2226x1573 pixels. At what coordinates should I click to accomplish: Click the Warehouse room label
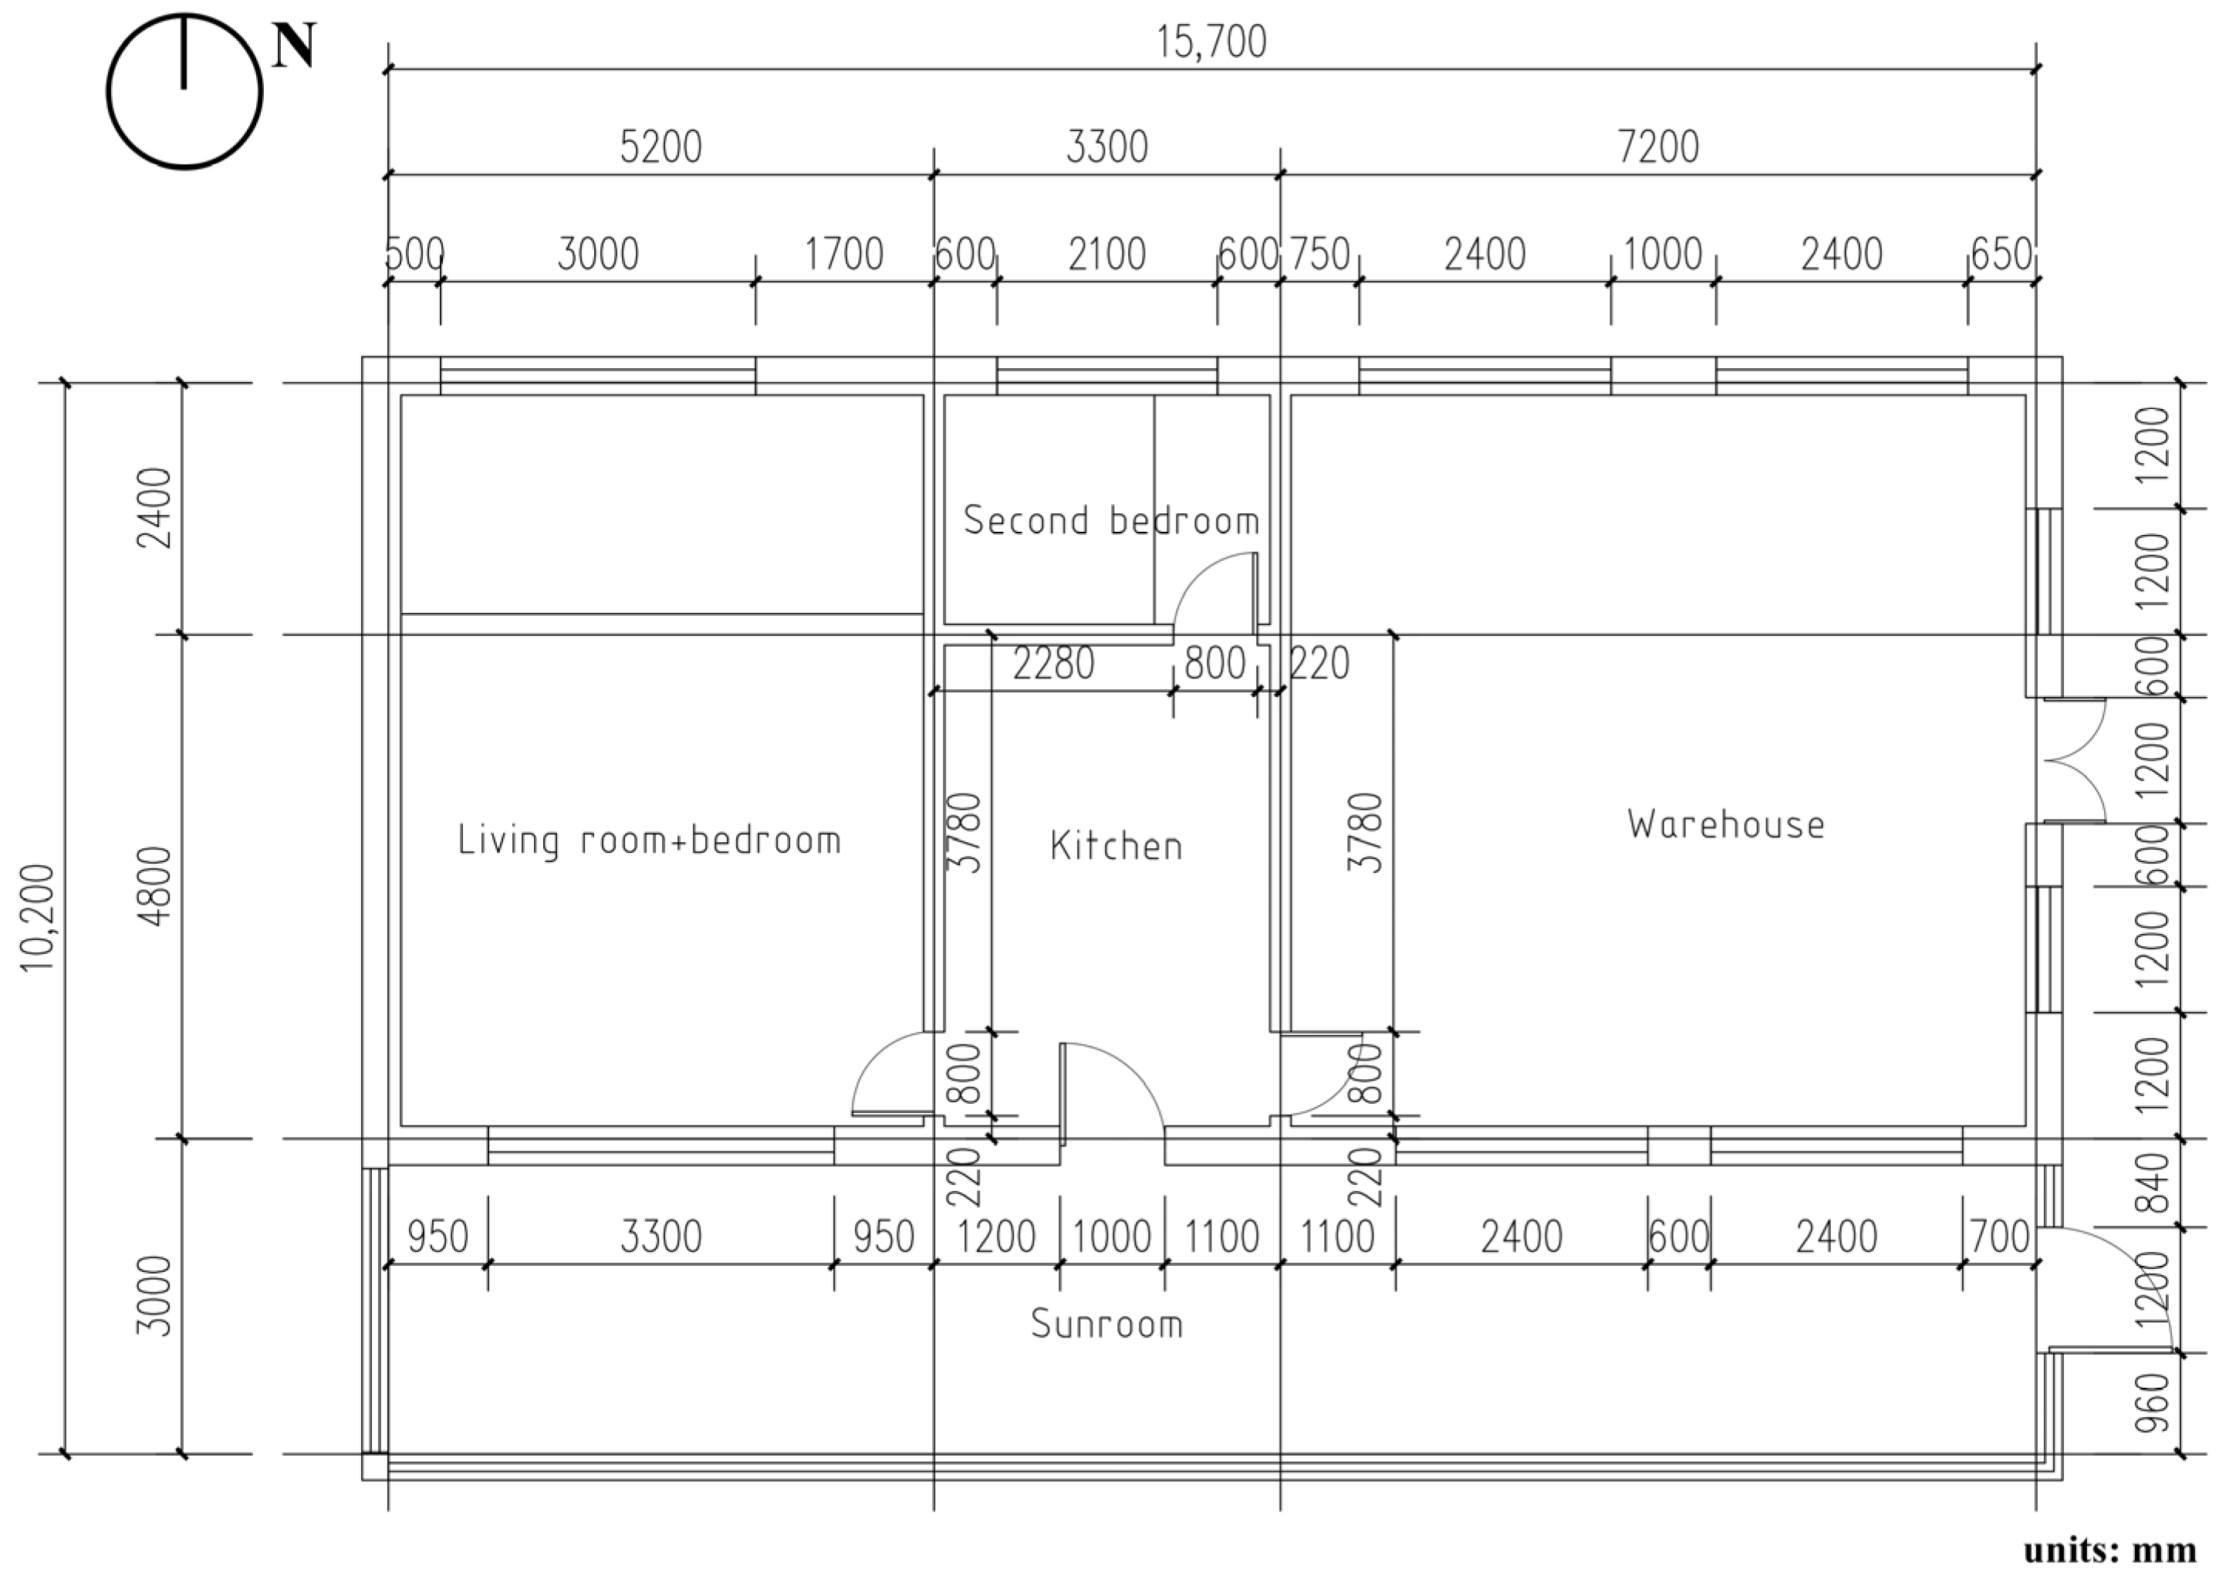(x=1726, y=824)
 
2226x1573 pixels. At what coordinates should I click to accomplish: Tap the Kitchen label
(x=1116, y=846)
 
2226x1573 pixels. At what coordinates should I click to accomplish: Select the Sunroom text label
(x=1106, y=1324)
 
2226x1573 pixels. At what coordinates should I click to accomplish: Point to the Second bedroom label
(x=1111, y=521)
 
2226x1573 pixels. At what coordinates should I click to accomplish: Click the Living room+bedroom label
(x=649, y=840)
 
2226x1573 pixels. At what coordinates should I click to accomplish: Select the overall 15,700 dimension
(x=1211, y=42)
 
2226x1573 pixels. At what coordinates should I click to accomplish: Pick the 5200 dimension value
(x=660, y=147)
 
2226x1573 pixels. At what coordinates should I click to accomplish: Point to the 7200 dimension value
(x=1658, y=147)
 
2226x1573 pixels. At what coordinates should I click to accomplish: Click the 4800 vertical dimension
(x=155, y=886)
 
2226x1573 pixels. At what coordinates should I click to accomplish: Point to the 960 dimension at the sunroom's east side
(x=2151, y=1402)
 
